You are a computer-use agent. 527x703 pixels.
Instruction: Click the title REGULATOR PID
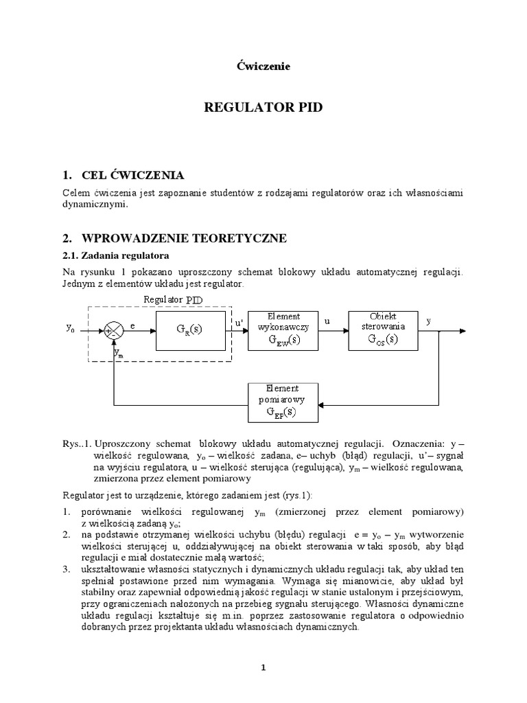264,108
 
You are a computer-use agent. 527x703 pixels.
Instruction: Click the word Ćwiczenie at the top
263,67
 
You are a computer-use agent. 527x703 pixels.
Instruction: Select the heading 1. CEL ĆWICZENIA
123,175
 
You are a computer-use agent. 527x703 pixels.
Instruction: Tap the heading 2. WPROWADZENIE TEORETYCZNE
174,238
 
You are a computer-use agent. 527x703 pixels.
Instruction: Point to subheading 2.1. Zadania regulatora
110,255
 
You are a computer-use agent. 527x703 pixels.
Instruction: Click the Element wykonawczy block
283,330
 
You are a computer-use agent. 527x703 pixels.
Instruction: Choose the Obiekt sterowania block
382,330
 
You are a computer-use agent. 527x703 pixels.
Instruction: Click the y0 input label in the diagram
71,329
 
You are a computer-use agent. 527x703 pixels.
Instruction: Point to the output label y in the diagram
429,321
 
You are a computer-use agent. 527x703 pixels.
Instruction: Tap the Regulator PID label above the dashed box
173,299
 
